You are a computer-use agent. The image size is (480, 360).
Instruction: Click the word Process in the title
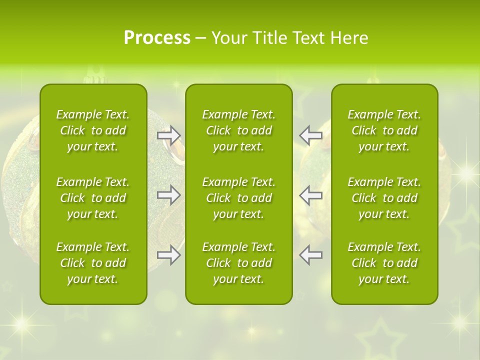(157, 38)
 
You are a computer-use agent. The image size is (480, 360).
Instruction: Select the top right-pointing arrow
(168, 135)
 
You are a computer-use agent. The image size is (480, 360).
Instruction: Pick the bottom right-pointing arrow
(168, 255)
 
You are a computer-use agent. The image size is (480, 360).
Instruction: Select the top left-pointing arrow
(311, 135)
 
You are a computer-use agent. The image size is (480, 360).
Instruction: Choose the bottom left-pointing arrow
(311, 255)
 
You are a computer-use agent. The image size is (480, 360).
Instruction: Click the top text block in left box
(93, 130)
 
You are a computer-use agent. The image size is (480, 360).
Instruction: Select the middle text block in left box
(93, 198)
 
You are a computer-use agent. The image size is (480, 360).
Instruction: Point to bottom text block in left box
(93, 263)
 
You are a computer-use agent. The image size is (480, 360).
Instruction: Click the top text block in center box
(238, 130)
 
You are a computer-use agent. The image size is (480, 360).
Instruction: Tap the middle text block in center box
(238, 198)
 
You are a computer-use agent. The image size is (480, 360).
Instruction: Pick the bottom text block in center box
(238, 263)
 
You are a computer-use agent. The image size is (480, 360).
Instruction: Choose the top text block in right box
(384, 130)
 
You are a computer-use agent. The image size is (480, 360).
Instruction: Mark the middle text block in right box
(384, 198)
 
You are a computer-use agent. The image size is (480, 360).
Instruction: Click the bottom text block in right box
(384, 263)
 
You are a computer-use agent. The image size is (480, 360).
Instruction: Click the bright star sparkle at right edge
(466, 173)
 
